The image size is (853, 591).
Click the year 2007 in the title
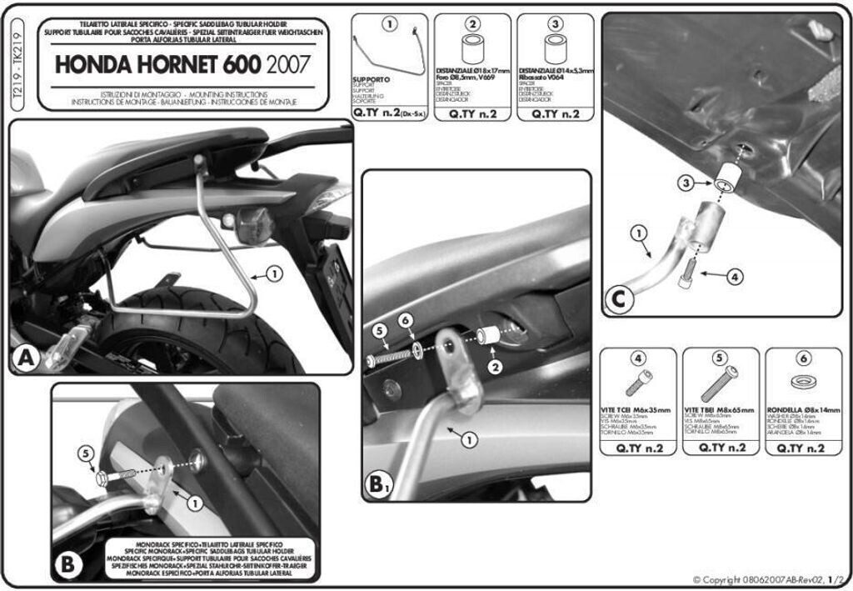(289, 64)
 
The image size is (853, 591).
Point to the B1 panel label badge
(380, 483)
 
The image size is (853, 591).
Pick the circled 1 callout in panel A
(275, 273)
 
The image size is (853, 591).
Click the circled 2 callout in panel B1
(494, 366)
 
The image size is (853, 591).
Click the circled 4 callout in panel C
(733, 276)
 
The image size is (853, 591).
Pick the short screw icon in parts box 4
(639, 383)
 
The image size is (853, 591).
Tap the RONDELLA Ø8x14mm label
(803, 411)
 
